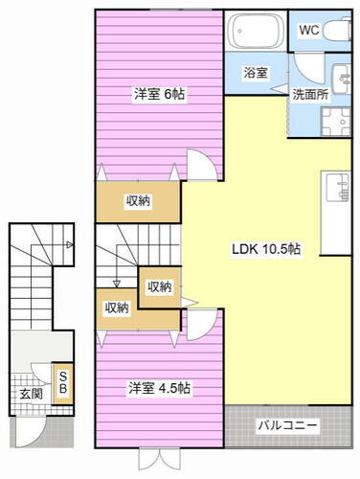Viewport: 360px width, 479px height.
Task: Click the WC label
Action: [308, 30]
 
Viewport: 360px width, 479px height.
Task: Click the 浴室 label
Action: [255, 72]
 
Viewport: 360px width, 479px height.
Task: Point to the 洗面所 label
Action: [309, 95]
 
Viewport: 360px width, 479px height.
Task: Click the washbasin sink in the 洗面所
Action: [341, 78]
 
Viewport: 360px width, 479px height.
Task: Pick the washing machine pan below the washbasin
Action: [335, 124]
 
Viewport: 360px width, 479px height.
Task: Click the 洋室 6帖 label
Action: [158, 94]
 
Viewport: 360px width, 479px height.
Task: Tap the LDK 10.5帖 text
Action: [266, 248]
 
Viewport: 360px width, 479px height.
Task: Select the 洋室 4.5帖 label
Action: [160, 388]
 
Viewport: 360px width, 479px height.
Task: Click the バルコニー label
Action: [288, 424]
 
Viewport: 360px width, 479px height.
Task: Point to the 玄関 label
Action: [30, 393]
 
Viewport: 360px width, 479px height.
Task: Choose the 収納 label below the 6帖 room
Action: [138, 200]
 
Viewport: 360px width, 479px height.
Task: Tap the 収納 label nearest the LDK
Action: [159, 286]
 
